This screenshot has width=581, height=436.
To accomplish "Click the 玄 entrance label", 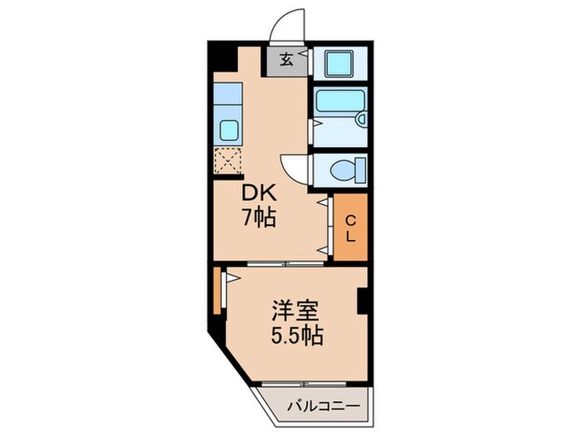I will tap(286, 60).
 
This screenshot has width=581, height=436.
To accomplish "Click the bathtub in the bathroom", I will tap(337, 101).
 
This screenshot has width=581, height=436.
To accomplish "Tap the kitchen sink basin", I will tap(228, 130).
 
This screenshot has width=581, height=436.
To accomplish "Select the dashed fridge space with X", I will tap(227, 160).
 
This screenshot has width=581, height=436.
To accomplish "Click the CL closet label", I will tap(350, 228).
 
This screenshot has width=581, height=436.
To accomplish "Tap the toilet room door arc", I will tap(292, 166).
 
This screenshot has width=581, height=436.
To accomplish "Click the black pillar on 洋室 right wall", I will tap(363, 301).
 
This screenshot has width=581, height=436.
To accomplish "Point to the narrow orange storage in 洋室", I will tap(217, 291).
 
